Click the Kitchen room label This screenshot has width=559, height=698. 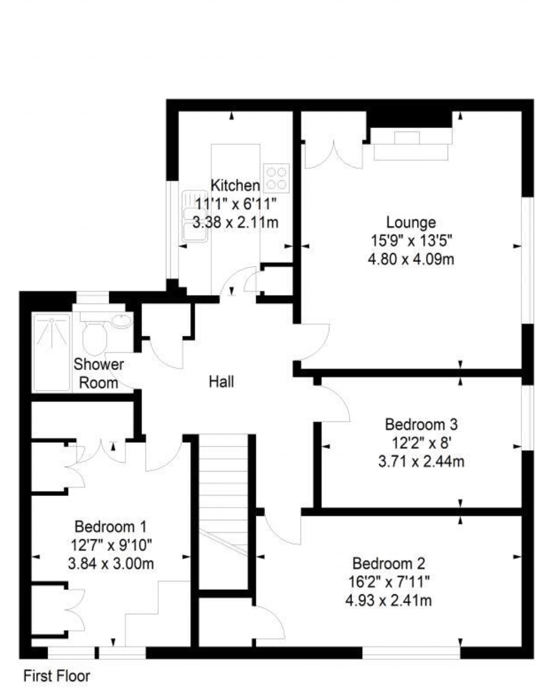tap(235, 186)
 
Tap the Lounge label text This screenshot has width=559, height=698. tap(411, 223)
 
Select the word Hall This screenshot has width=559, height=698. tap(221, 382)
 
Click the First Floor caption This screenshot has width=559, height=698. tap(57, 676)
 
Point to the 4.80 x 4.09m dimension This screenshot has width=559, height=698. tap(411, 260)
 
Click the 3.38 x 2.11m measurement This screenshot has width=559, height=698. tap(235, 223)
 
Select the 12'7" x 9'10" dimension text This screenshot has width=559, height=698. tap(111, 545)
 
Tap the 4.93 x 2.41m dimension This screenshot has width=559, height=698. tap(388, 601)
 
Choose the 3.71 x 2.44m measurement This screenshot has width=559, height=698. tap(421, 462)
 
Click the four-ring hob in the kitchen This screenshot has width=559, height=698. tap(276, 179)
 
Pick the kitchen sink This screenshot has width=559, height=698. tap(195, 216)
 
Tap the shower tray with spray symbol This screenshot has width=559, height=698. tap(52, 352)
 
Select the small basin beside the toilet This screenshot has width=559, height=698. tap(122, 321)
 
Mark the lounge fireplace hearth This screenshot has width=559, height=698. tap(411, 144)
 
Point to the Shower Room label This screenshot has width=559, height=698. tap(99, 373)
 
